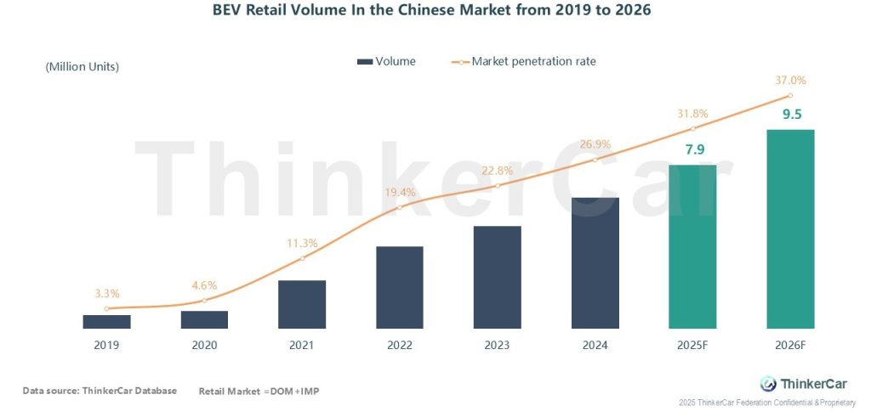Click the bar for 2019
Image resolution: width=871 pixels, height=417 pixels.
pos(106,321)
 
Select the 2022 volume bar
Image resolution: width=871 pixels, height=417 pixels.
pos(400,287)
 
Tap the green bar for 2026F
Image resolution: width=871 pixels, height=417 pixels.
pos(790,229)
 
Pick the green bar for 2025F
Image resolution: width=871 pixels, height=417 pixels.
pos(692,246)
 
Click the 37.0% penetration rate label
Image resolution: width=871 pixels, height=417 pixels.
pos(790,81)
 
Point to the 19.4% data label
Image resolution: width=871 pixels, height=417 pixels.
pos(400,192)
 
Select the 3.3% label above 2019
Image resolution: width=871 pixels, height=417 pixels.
pos(106,294)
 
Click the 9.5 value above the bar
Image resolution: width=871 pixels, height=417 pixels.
pos(792,115)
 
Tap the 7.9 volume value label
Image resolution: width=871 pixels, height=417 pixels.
pos(694,150)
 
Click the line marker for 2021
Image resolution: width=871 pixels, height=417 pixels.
pos(302,258)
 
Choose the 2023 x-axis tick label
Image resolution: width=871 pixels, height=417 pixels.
pos(497,345)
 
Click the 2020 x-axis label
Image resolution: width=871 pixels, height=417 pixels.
pos(204,345)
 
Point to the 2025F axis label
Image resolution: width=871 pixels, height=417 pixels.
pos(692,345)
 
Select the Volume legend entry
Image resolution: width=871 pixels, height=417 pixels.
pos(386,61)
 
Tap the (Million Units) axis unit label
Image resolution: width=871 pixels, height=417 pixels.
pos(82,66)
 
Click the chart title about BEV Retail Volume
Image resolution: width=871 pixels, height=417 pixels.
pos(434,12)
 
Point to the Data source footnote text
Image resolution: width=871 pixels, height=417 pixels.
pos(100,391)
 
